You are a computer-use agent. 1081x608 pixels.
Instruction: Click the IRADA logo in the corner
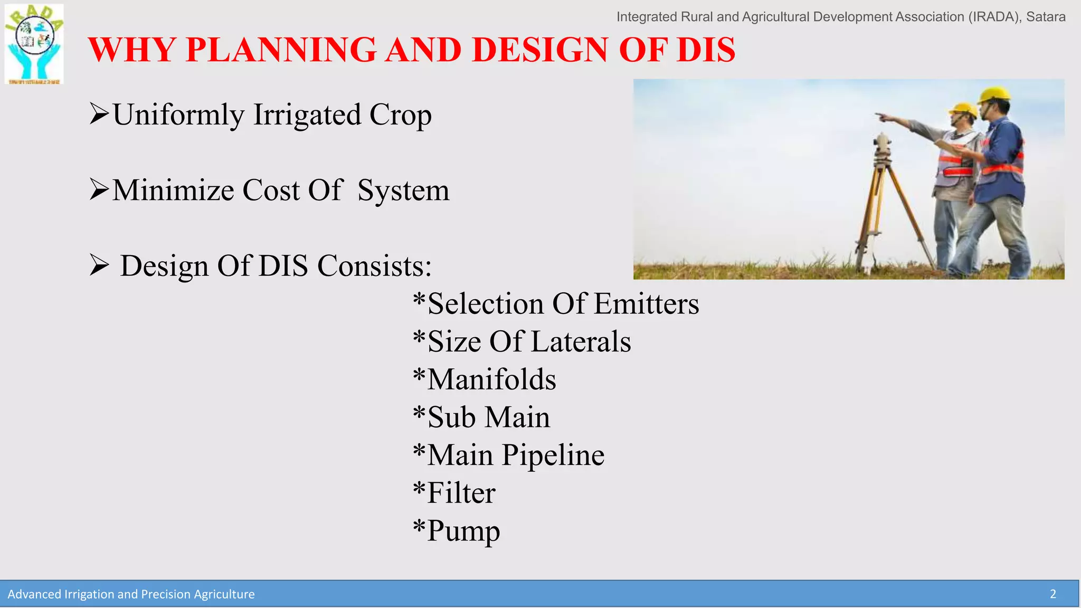pyautogui.click(x=34, y=44)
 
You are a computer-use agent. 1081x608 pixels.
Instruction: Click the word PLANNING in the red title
pyautogui.click(x=281, y=50)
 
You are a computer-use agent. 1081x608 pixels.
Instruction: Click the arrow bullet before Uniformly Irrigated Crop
pyautogui.click(x=99, y=114)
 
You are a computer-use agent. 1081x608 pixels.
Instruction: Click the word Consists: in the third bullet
pyautogui.click(x=374, y=265)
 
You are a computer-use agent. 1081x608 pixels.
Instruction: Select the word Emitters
pyautogui.click(x=646, y=304)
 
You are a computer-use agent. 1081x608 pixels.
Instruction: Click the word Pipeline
pyautogui.click(x=553, y=455)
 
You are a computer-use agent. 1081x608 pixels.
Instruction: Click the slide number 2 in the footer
pyautogui.click(x=1052, y=594)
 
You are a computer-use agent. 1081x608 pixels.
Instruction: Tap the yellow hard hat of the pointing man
pyautogui.click(x=964, y=109)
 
